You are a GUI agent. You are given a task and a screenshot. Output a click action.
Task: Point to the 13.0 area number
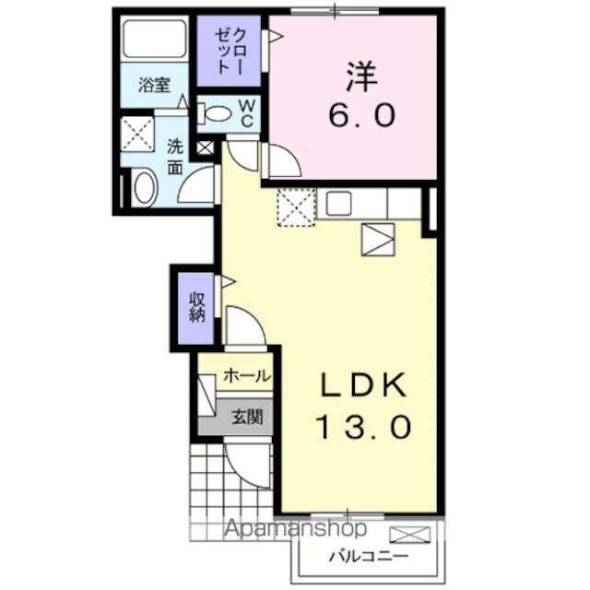tap(362, 426)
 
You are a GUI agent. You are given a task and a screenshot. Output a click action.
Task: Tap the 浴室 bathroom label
tap(153, 87)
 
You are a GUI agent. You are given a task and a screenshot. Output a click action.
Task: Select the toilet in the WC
tap(217, 113)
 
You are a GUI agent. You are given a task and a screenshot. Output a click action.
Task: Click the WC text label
tap(246, 113)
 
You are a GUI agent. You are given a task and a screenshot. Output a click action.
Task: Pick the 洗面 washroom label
tap(174, 157)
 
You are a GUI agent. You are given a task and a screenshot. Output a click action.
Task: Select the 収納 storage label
tap(196, 306)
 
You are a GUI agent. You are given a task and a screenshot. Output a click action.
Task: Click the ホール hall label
tap(247, 375)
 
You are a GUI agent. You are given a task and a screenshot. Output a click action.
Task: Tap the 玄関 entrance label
tap(246, 417)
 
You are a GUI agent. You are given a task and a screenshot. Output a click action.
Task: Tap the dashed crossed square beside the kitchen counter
tap(296, 206)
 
